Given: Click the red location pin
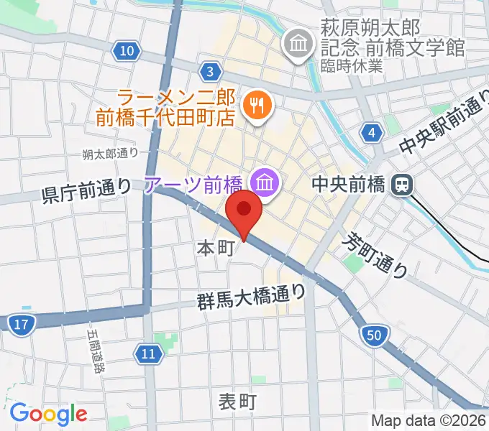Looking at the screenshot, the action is [x=244, y=211].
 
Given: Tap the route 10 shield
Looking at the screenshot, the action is [x=127, y=50].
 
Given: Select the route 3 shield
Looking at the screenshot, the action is [x=209, y=70].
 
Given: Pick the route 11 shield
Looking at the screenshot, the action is [x=147, y=353].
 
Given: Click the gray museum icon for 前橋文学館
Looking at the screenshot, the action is [x=296, y=45].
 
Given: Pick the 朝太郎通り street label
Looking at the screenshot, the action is [x=110, y=153].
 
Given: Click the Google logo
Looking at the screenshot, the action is [x=48, y=414].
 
